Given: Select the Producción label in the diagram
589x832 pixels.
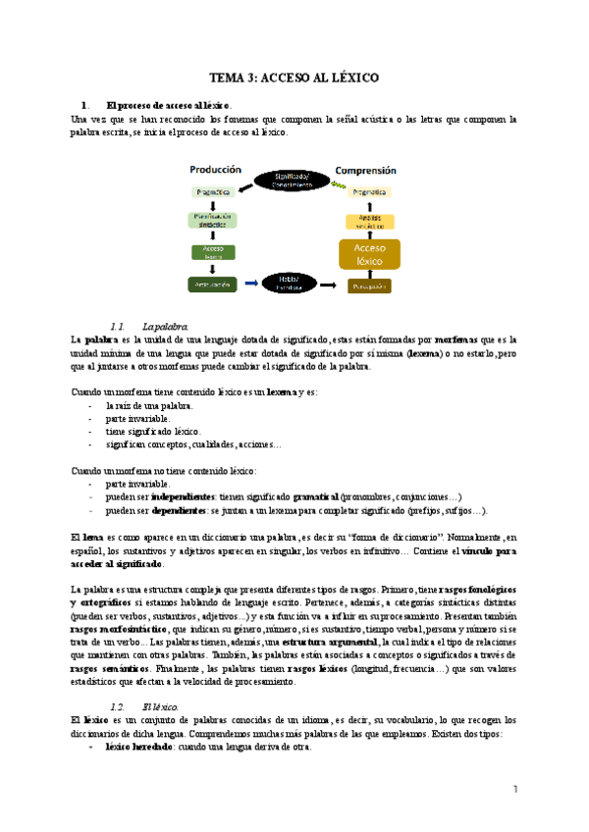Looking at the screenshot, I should [215, 169].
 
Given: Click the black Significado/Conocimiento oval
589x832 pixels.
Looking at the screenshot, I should [292, 180].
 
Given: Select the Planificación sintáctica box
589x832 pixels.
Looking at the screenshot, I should [213, 220].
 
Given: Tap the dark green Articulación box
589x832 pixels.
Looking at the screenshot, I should [213, 285].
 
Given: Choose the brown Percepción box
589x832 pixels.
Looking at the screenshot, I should [369, 286].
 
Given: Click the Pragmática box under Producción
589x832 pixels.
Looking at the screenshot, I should [213, 194].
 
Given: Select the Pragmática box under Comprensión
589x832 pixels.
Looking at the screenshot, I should [369, 194].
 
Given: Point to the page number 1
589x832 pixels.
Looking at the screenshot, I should [514, 790].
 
